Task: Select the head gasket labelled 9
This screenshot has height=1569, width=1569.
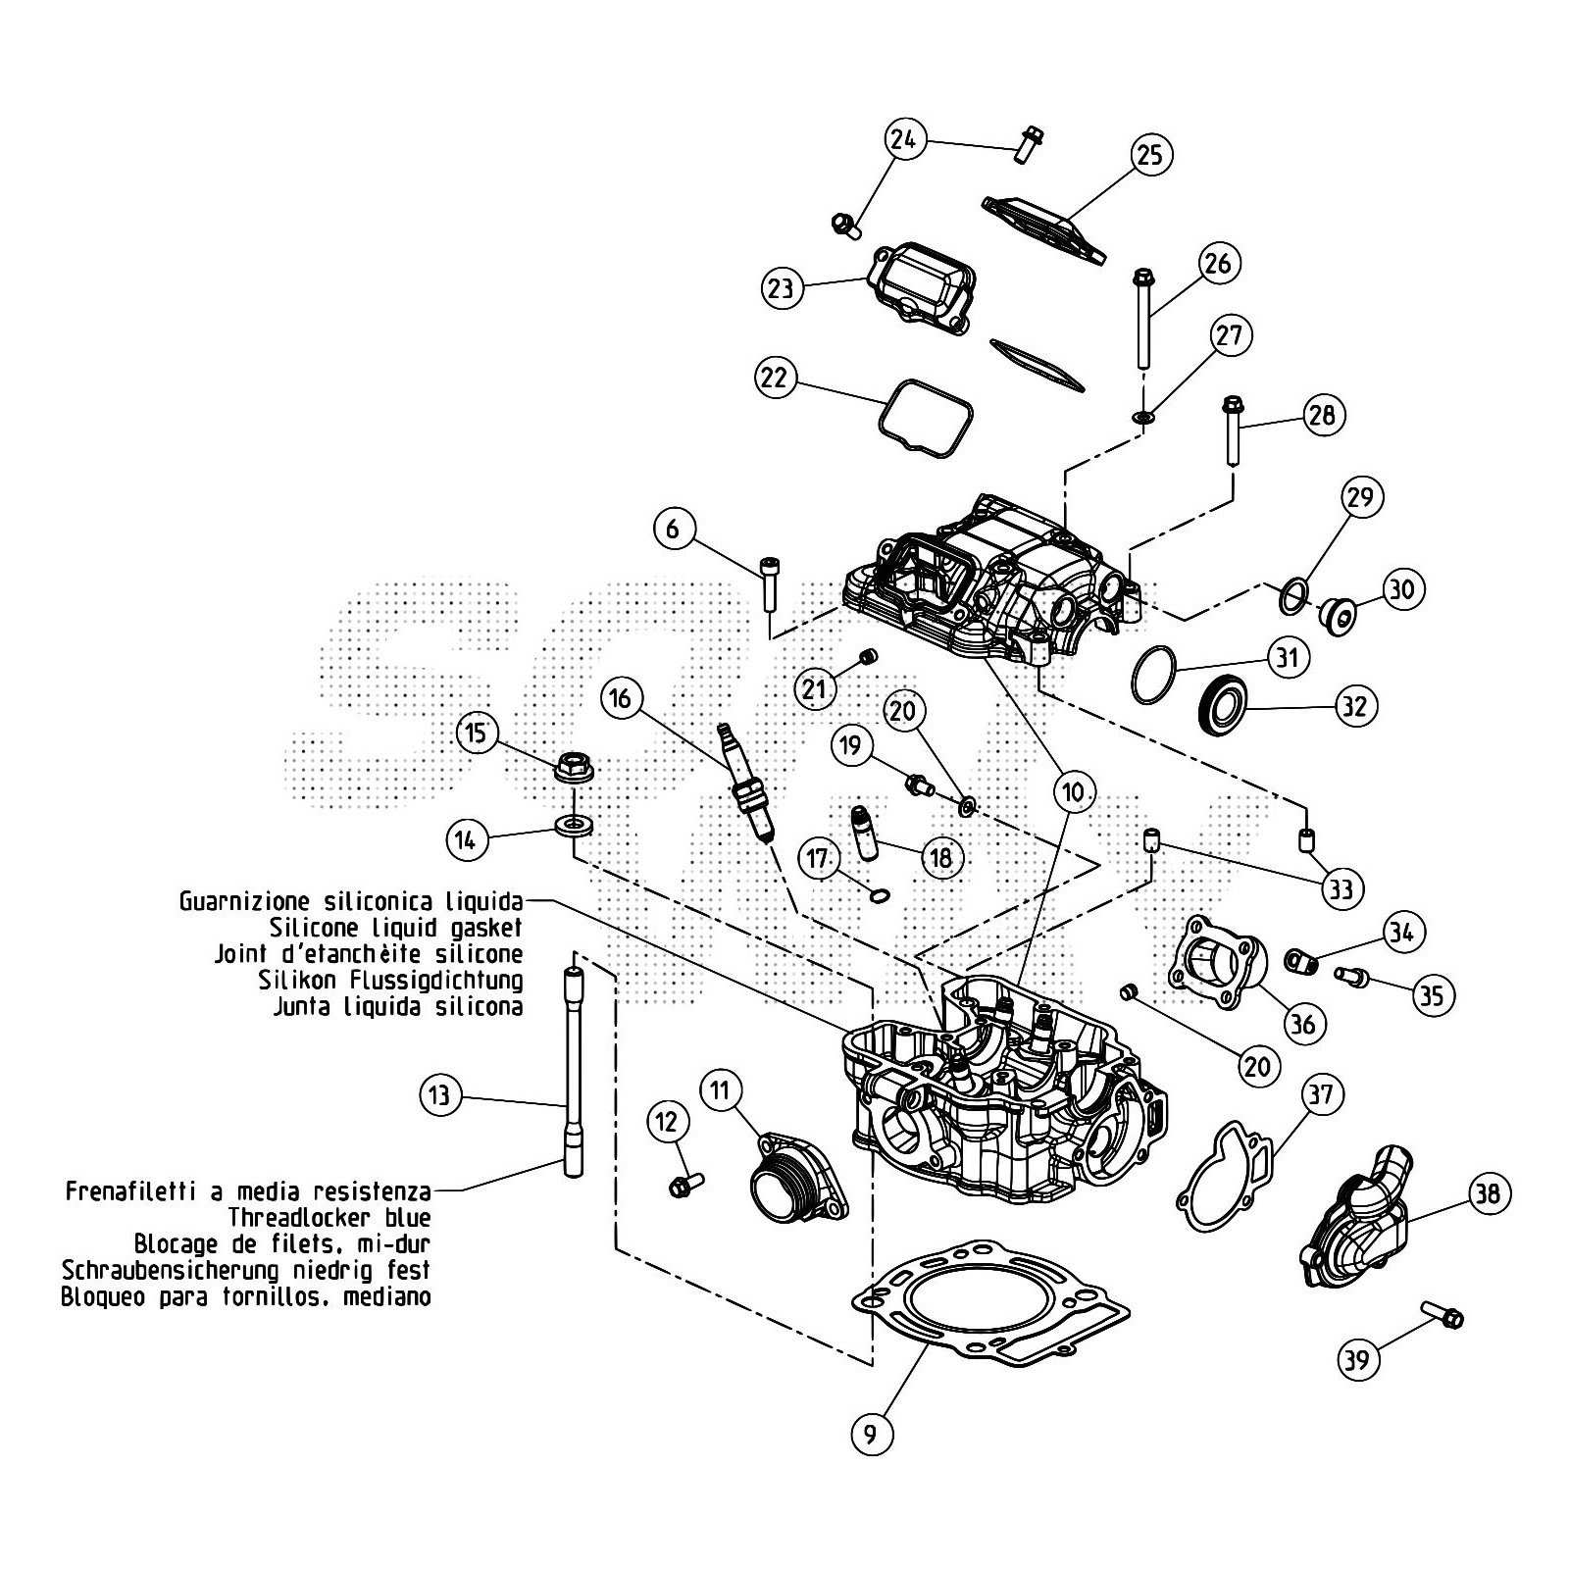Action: point(990,1304)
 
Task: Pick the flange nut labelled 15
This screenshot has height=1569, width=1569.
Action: point(574,766)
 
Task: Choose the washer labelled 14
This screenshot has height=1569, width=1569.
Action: point(574,825)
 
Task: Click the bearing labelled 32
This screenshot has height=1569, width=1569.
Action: point(1224,703)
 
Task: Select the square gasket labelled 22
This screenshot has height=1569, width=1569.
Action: point(926,419)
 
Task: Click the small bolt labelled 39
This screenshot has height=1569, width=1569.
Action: point(1442,1316)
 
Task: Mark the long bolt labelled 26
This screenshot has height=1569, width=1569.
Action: point(1142,319)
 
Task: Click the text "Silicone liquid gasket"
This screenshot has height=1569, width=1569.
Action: point(395,927)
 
